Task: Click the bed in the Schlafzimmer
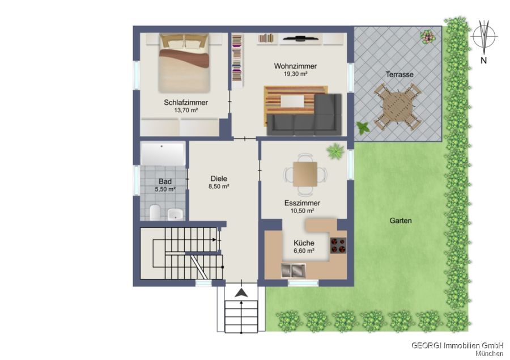click(184, 63)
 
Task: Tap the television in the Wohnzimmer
click(300, 39)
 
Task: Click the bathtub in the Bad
click(163, 154)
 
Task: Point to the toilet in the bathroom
click(155, 212)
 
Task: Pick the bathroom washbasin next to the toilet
click(175, 214)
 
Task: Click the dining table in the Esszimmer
click(305, 174)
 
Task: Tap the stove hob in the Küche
click(338, 245)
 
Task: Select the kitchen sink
click(294, 271)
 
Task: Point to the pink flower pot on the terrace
click(427, 36)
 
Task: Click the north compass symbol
click(484, 37)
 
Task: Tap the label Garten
click(401, 221)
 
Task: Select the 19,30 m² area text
click(295, 74)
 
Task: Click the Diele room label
click(219, 179)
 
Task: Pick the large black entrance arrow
click(241, 293)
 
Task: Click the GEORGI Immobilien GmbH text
click(457, 345)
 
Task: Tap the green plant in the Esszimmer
click(335, 151)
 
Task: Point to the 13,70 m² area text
click(186, 111)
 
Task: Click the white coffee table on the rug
click(292, 101)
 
